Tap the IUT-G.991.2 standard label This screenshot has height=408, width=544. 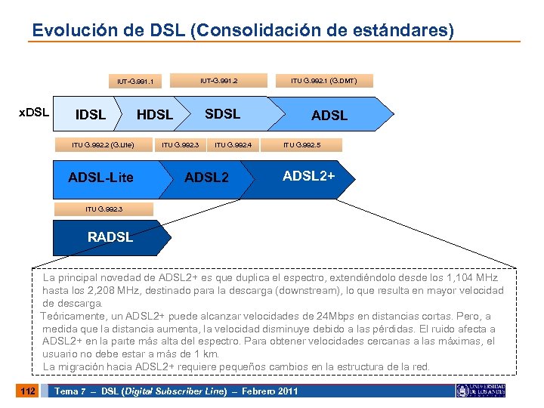(218, 79)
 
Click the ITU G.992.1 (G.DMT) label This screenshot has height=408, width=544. (324, 79)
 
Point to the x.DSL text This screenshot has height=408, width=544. (33, 112)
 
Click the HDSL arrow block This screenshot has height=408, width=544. (154, 115)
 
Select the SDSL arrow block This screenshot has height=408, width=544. (223, 114)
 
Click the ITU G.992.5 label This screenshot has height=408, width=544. (302, 145)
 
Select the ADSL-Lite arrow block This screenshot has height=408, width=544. (101, 178)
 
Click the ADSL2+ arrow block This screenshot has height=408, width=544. (308, 176)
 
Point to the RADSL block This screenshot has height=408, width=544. (110, 237)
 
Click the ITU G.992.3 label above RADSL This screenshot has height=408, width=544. (104, 209)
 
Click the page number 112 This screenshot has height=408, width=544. (26, 391)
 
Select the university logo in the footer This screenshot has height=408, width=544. (480, 391)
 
